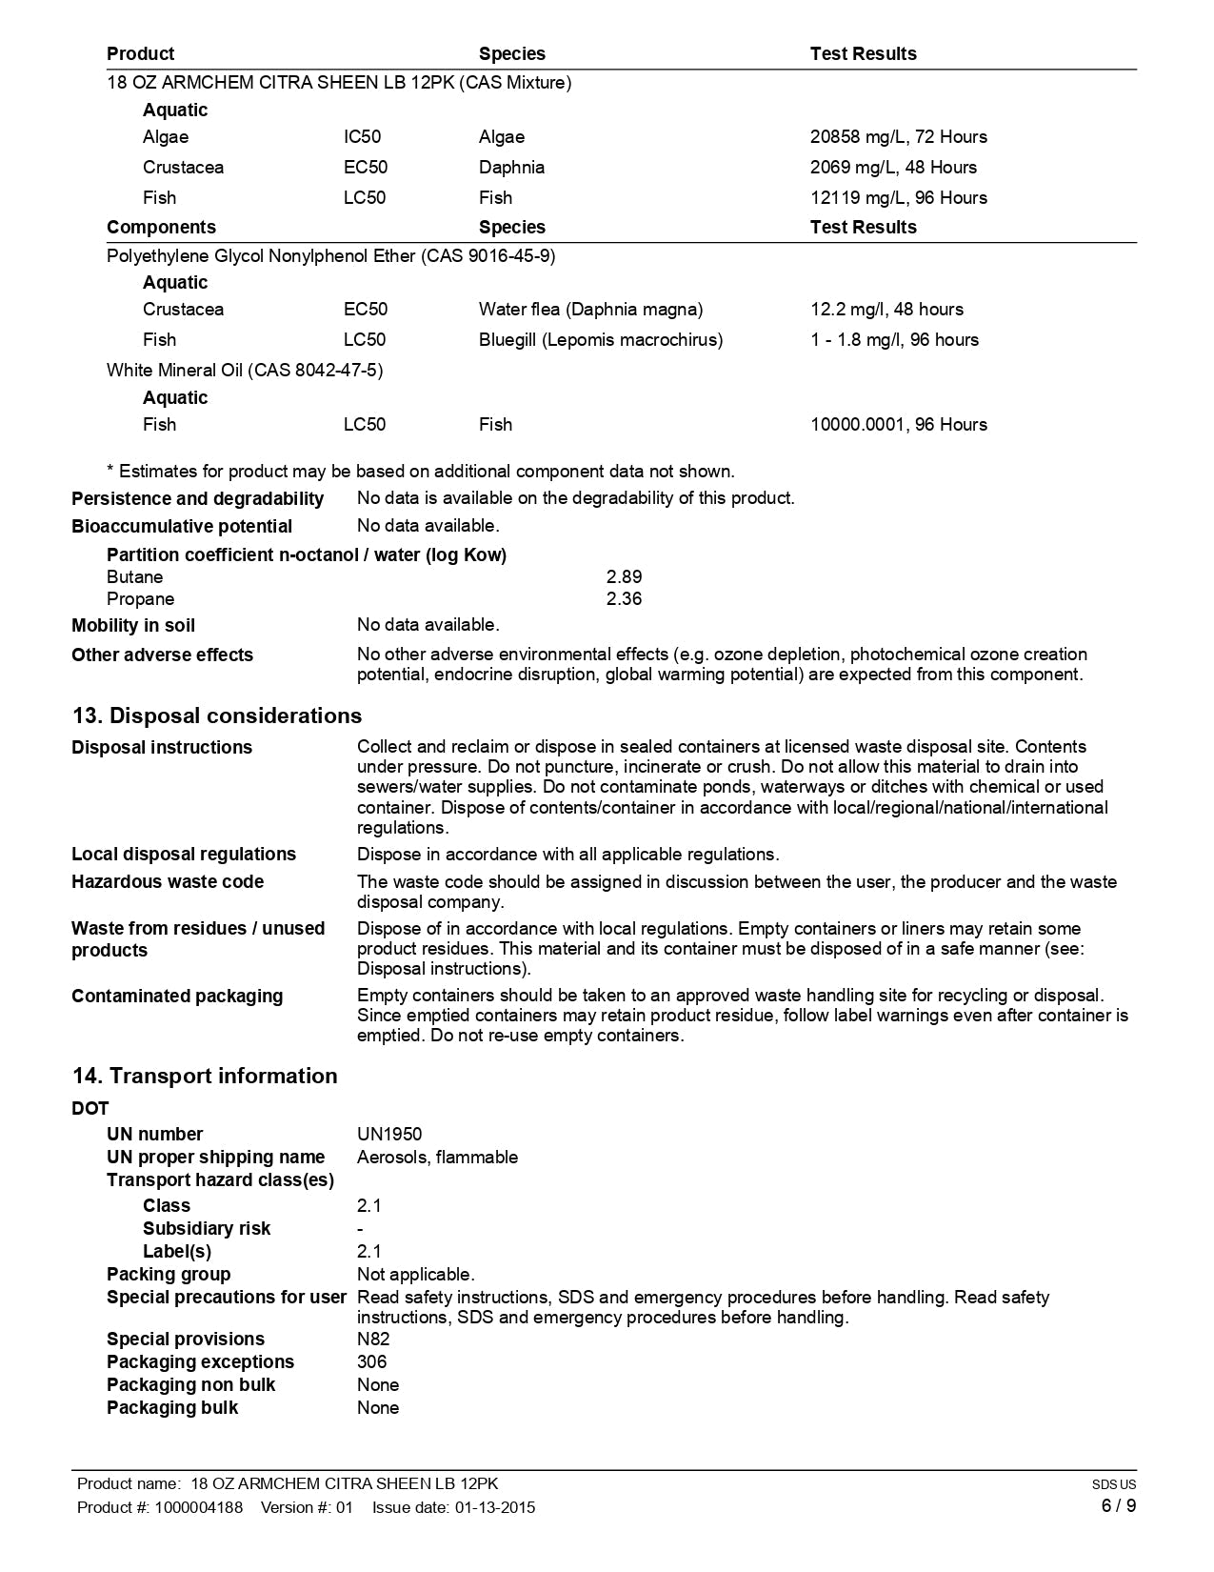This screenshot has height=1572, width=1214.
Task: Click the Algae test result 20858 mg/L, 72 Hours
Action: click(898, 137)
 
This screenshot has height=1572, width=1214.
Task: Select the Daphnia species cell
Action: click(511, 168)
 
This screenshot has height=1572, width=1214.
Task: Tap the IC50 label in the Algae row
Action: click(362, 137)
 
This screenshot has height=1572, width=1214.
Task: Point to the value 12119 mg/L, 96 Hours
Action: click(898, 198)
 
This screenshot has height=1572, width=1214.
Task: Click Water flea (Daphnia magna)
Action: click(590, 310)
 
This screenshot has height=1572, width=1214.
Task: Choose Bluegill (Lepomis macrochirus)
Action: click(600, 340)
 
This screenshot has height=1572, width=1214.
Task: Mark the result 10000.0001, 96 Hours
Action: click(898, 425)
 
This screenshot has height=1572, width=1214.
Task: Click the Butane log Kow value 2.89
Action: click(624, 577)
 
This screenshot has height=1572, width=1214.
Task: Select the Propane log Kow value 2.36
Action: click(624, 599)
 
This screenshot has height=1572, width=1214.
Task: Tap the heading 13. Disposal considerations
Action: click(217, 715)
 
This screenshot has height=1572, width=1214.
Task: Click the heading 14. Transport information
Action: click(205, 1076)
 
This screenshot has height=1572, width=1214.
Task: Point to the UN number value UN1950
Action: click(389, 1135)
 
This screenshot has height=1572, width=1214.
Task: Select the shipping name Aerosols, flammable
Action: click(437, 1158)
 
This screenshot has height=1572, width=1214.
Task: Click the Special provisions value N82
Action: click(373, 1340)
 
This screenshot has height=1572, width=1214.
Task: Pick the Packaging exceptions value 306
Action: click(371, 1362)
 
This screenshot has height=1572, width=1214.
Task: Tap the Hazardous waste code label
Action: click(168, 882)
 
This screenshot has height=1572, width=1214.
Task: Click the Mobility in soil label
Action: click(133, 626)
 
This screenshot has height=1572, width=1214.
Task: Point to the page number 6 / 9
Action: click(1118, 1506)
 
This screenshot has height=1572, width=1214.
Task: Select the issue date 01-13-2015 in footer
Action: click(495, 1507)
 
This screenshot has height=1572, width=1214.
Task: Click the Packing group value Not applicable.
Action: click(415, 1275)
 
